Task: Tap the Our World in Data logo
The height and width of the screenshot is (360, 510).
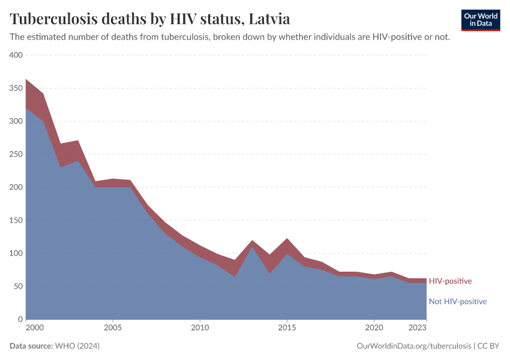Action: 480,20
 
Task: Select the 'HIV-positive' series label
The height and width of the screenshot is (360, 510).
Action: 450,281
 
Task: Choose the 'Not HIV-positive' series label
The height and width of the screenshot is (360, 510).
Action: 457,301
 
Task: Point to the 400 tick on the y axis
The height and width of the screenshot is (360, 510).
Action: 16,55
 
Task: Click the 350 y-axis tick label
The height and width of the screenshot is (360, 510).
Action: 16,88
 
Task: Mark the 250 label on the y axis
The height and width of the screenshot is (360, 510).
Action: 16,154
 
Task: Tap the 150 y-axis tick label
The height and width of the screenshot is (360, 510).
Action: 16,220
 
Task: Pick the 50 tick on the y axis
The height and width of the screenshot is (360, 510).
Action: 18,286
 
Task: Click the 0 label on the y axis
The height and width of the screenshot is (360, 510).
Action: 20,319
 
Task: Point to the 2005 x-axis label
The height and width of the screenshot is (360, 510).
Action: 113,328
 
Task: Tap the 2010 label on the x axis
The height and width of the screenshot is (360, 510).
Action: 200,328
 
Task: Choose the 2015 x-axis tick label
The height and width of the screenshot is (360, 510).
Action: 287,328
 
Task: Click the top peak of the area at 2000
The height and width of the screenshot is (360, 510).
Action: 26,79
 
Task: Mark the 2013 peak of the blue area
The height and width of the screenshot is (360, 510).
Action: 252,247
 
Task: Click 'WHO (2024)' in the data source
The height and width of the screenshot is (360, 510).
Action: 77,346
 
